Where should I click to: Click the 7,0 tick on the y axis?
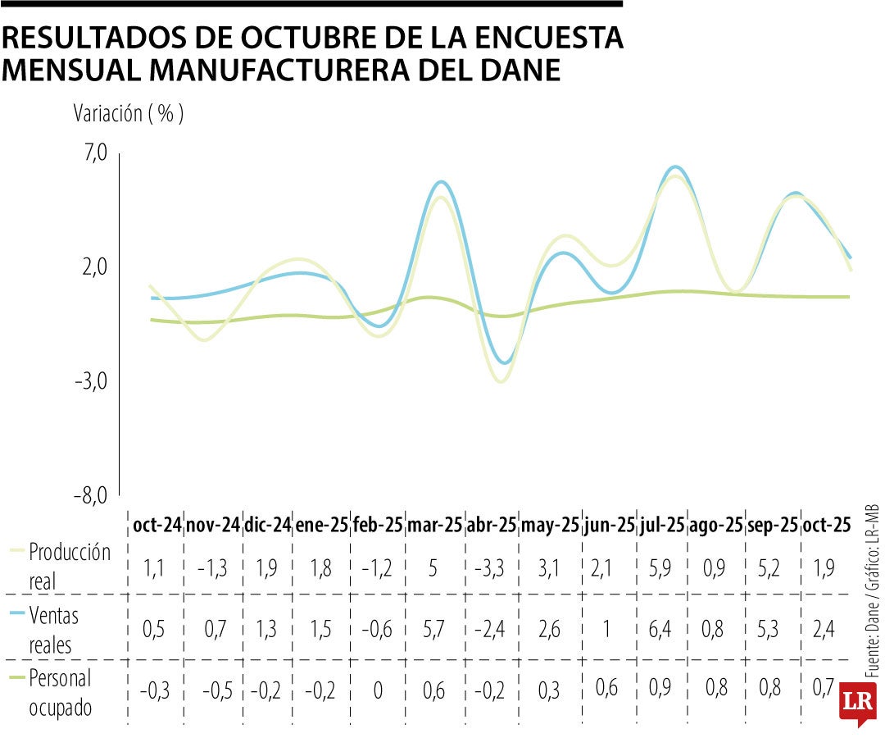[x=94, y=153]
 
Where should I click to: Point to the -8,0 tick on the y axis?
[x=93, y=495]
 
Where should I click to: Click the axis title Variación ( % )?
[x=129, y=114]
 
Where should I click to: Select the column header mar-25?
[x=434, y=525]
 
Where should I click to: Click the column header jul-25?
[x=662, y=525]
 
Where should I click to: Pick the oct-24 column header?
[x=157, y=525]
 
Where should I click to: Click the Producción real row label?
[x=69, y=563]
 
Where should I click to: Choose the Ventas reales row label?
[x=57, y=629]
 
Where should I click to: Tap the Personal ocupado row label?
[x=60, y=692]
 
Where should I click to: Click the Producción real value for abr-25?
[x=492, y=567]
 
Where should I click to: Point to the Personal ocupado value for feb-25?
[x=378, y=691]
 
